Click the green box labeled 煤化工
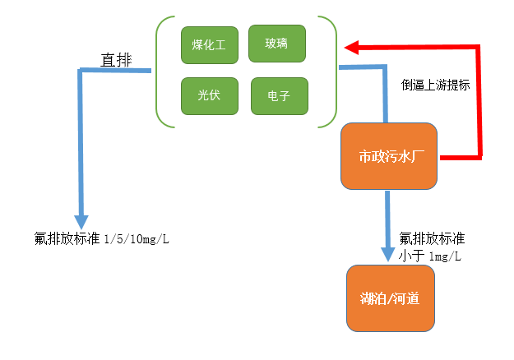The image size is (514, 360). tap(209, 45)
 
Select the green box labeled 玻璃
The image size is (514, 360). tap(277, 43)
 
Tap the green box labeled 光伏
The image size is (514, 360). tap(209, 95)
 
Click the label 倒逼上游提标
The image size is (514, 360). tap(435, 85)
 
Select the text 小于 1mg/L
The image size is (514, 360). tap(429, 256)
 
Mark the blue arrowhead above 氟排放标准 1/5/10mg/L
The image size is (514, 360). tap(81, 222)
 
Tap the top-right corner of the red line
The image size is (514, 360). tap(479, 48)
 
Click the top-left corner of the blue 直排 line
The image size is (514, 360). tap(81, 72)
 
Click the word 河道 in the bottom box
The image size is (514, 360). tap(408, 298)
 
